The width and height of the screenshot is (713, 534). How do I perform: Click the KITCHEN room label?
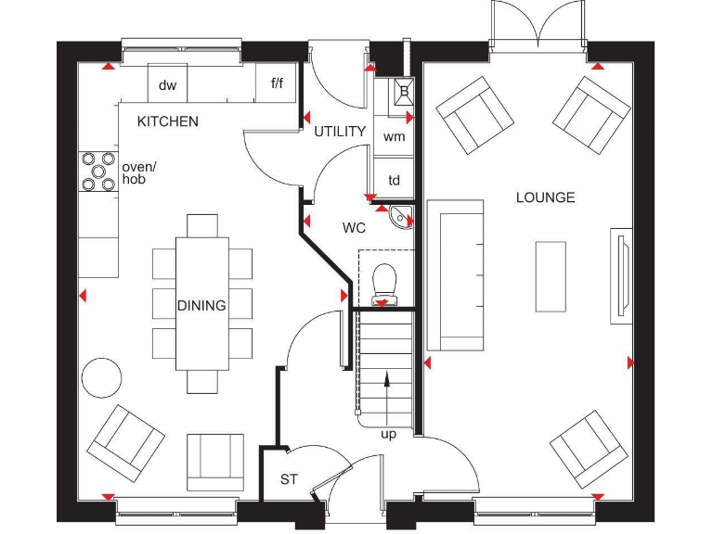(168, 121)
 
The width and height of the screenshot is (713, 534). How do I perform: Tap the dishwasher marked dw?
(167, 83)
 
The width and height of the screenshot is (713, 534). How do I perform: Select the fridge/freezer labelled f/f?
(276, 83)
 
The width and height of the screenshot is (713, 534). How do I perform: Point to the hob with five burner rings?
(98, 172)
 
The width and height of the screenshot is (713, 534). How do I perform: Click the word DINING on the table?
(201, 306)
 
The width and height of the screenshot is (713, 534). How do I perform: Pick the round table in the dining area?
(101, 378)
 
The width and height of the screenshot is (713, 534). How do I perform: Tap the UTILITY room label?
(340, 132)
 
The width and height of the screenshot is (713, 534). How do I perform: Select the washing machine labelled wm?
(394, 136)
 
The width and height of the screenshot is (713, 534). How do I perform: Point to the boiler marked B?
(404, 91)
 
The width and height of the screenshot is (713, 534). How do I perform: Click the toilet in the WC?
(384, 284)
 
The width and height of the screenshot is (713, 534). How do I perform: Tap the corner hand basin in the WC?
(401, 217)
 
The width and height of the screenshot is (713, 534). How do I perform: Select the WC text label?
(354, 227)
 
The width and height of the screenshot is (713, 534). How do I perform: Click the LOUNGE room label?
(545, 197)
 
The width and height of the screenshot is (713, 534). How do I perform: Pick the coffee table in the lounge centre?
(551, 276)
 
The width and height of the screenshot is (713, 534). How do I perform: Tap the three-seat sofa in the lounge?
(455, 275)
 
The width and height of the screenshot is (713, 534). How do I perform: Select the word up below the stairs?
(388, 435)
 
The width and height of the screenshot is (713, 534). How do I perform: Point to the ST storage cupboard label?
(289, 479)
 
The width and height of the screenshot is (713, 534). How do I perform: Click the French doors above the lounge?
(538, 23)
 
